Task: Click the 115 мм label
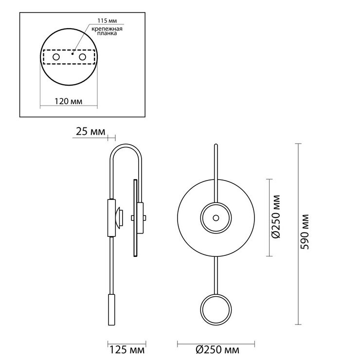107,20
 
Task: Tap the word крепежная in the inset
107,29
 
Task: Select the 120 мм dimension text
69,101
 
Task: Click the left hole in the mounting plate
56,57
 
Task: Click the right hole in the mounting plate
82,57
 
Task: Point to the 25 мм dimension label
90,132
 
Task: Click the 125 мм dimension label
127,350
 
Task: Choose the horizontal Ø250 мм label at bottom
217,350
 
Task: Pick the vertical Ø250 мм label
276,217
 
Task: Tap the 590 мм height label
305,232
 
